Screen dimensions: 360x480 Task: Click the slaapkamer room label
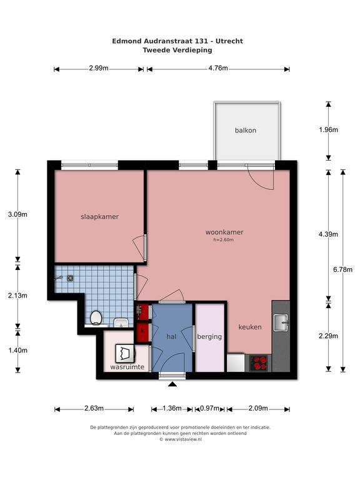coord(99,217)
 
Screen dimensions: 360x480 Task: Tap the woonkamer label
coord(224,232)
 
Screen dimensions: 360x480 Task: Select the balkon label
coord(246,131)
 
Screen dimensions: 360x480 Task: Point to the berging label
coord(209,337)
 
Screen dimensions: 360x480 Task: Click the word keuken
coord(250,327)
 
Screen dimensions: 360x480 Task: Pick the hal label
coord(171,337)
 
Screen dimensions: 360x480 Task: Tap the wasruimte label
coord(127,367)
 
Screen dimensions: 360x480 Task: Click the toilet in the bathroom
coord(96,317)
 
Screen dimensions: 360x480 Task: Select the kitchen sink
coord(281,322)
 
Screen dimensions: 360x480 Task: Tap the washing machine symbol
coord(125,354)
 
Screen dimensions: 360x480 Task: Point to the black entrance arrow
coord(172,384)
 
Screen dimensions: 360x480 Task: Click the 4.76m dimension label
coord(218,68)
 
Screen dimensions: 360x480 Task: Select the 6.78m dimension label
coord(342,270)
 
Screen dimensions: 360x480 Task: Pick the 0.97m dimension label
coord(210,408)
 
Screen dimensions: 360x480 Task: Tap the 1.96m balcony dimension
coord(329,130)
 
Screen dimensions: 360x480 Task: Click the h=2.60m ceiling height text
coord(224,240)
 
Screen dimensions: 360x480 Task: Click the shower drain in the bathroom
coord(71,278)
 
